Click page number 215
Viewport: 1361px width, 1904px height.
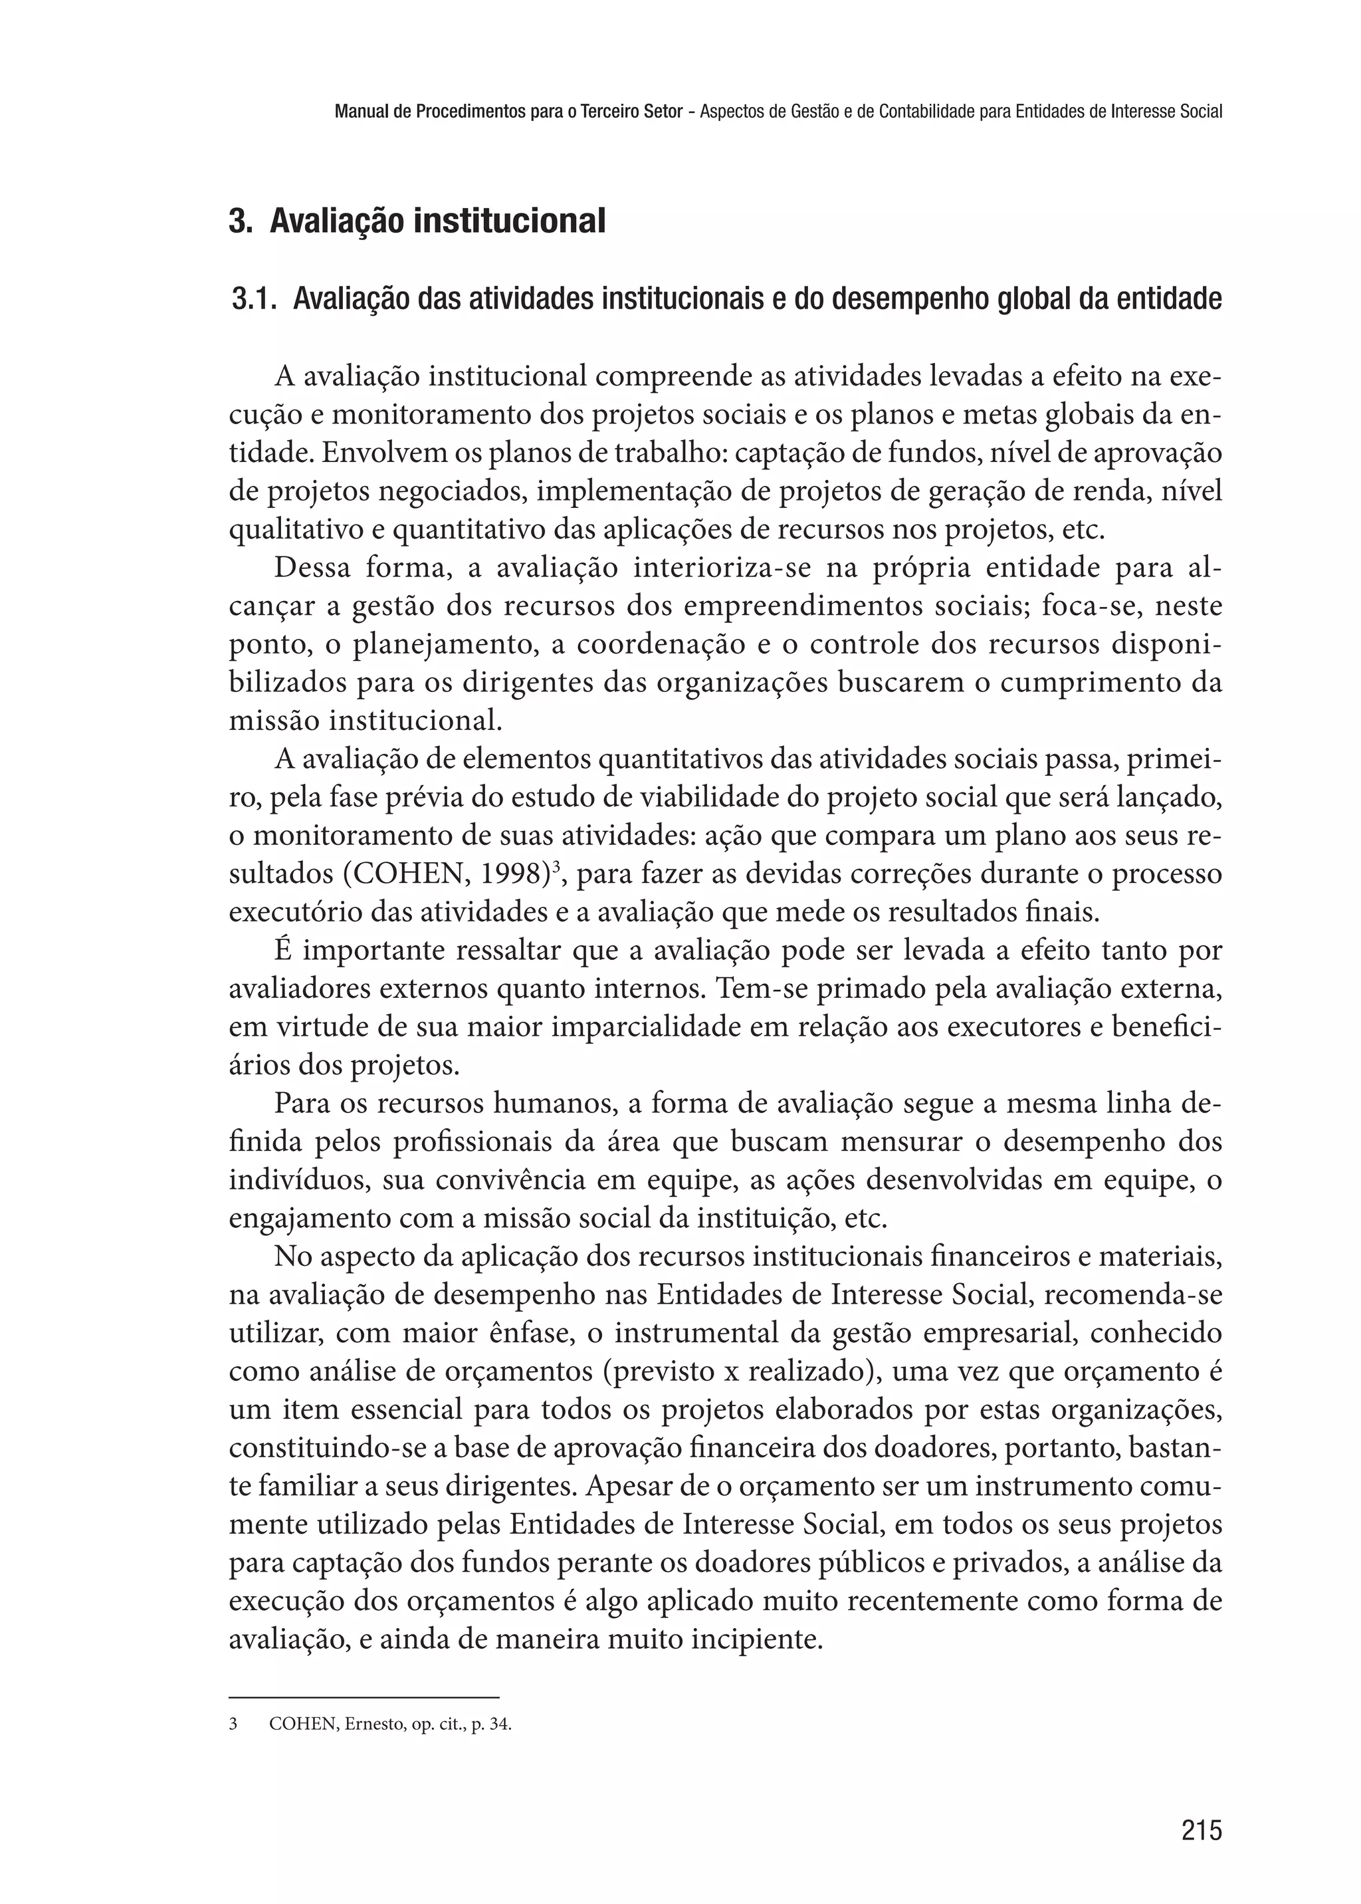click(1201, 1830)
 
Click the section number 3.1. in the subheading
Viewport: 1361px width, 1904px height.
click(254, 298)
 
